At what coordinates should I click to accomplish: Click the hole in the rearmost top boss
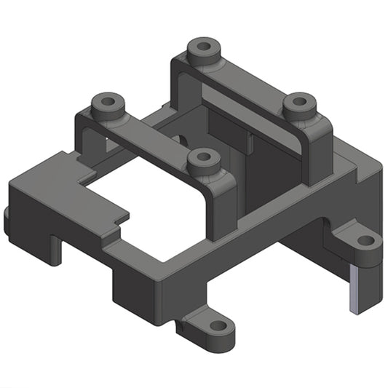click(204, 49)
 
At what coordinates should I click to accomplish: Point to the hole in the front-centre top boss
click(203, 158)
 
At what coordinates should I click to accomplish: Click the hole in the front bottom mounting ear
click(215, 327)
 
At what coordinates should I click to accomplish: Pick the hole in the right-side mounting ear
click(365, 240)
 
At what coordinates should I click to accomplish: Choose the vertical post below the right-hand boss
click(319, 157)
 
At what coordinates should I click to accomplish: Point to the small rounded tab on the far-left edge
click(7, 222)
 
